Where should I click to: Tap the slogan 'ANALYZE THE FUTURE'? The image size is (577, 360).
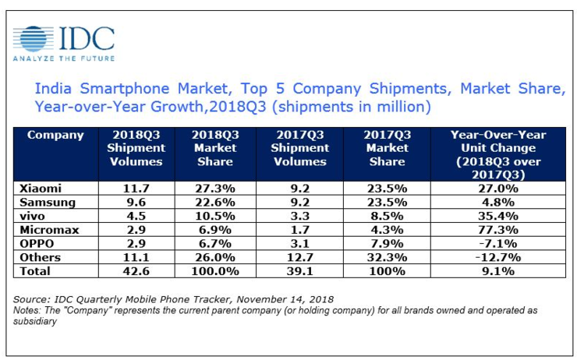coord(64,58)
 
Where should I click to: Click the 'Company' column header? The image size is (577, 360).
coord(55,136)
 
